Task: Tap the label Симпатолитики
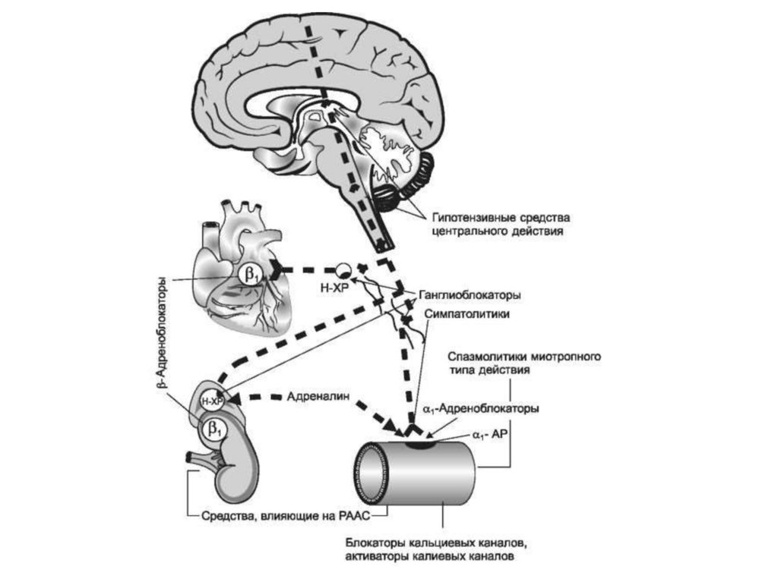pos(466,313)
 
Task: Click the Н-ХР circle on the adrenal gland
pos(211,400)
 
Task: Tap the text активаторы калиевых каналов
pos(429,557)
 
